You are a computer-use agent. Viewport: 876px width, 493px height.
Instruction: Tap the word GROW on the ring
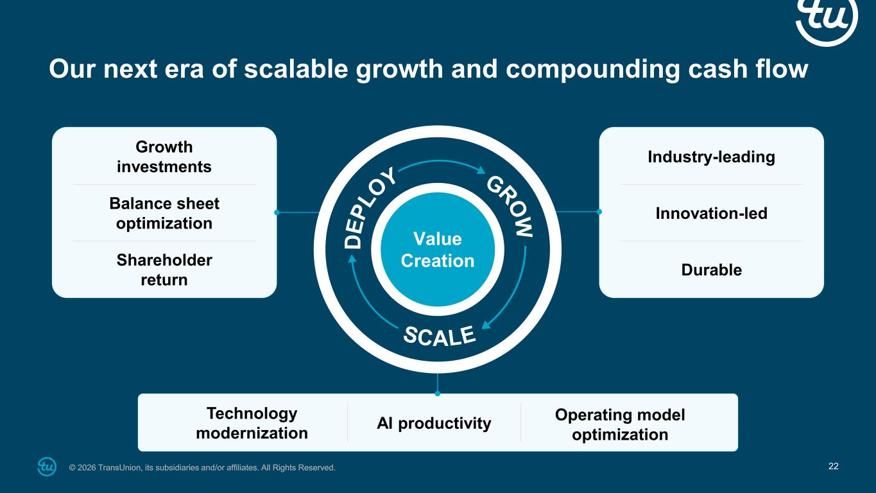pyautogui.click(x=510, y=206)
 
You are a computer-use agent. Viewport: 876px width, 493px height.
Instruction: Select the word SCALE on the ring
pyautogui.click(x=440, y=336)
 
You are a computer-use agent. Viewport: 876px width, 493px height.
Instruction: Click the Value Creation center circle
pyautogui.click(x=438, y=250)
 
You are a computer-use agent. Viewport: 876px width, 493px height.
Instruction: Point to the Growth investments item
pyautogui.click(x=164, y=157)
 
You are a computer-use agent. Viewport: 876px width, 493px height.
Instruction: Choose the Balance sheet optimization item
pyautogui.click(x=164, y=213)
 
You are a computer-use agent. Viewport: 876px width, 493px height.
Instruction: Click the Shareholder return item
pyautogui.click(x=164, y=270)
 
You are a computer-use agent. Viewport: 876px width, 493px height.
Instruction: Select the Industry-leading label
pyautogui.click(x=711, y=157)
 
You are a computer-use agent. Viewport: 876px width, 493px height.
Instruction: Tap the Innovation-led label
pyautogui.click(x=711, y=214)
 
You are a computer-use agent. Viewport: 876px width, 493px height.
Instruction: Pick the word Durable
pyautogui.click(x=711, y=270)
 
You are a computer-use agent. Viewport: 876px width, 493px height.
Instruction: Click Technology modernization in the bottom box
pyautogui.click(x=252, y=423)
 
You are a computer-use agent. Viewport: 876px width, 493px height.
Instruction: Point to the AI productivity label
pyautogui.click(x=434, y=424)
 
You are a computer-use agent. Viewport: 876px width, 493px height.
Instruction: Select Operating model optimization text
pyautogui.click(x=620, y=424)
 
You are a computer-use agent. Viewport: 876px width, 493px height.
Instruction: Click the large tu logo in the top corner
pyautogui.click(x=827, y=19)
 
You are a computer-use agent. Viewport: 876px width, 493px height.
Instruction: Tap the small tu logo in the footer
pyautogui.click(x=47, y=467)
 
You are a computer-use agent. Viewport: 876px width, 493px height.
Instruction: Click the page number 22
pyautogui.click(x=834, y=467)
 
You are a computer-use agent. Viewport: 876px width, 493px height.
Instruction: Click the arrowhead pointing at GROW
pyautogui.click(x=481, y=170)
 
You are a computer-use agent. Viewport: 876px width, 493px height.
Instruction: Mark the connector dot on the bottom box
pyautogui.click(x=438, y=394)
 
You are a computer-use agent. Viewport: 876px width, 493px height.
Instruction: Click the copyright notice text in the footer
pyautogui.click(x=202, y=467)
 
